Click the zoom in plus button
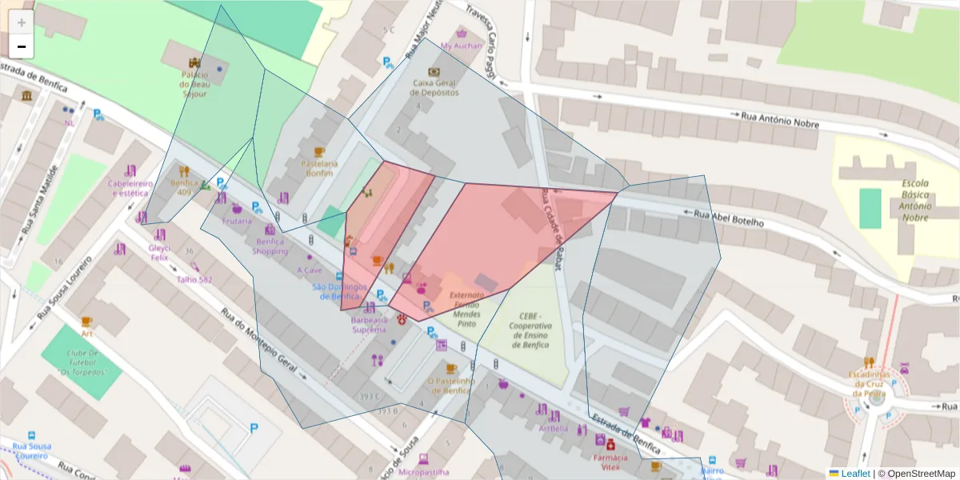coord(22,22)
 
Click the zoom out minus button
coord(22,47)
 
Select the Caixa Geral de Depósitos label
coord(434,87)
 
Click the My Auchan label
coord(462,46)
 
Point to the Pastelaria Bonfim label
coord(319,168)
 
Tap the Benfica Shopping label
coord(270,246)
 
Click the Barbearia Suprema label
coord(369,324)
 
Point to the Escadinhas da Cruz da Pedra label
coord(869,383)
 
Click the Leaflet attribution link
coord(854,474)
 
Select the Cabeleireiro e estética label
coord(130,188)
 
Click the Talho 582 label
coord(194,279)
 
